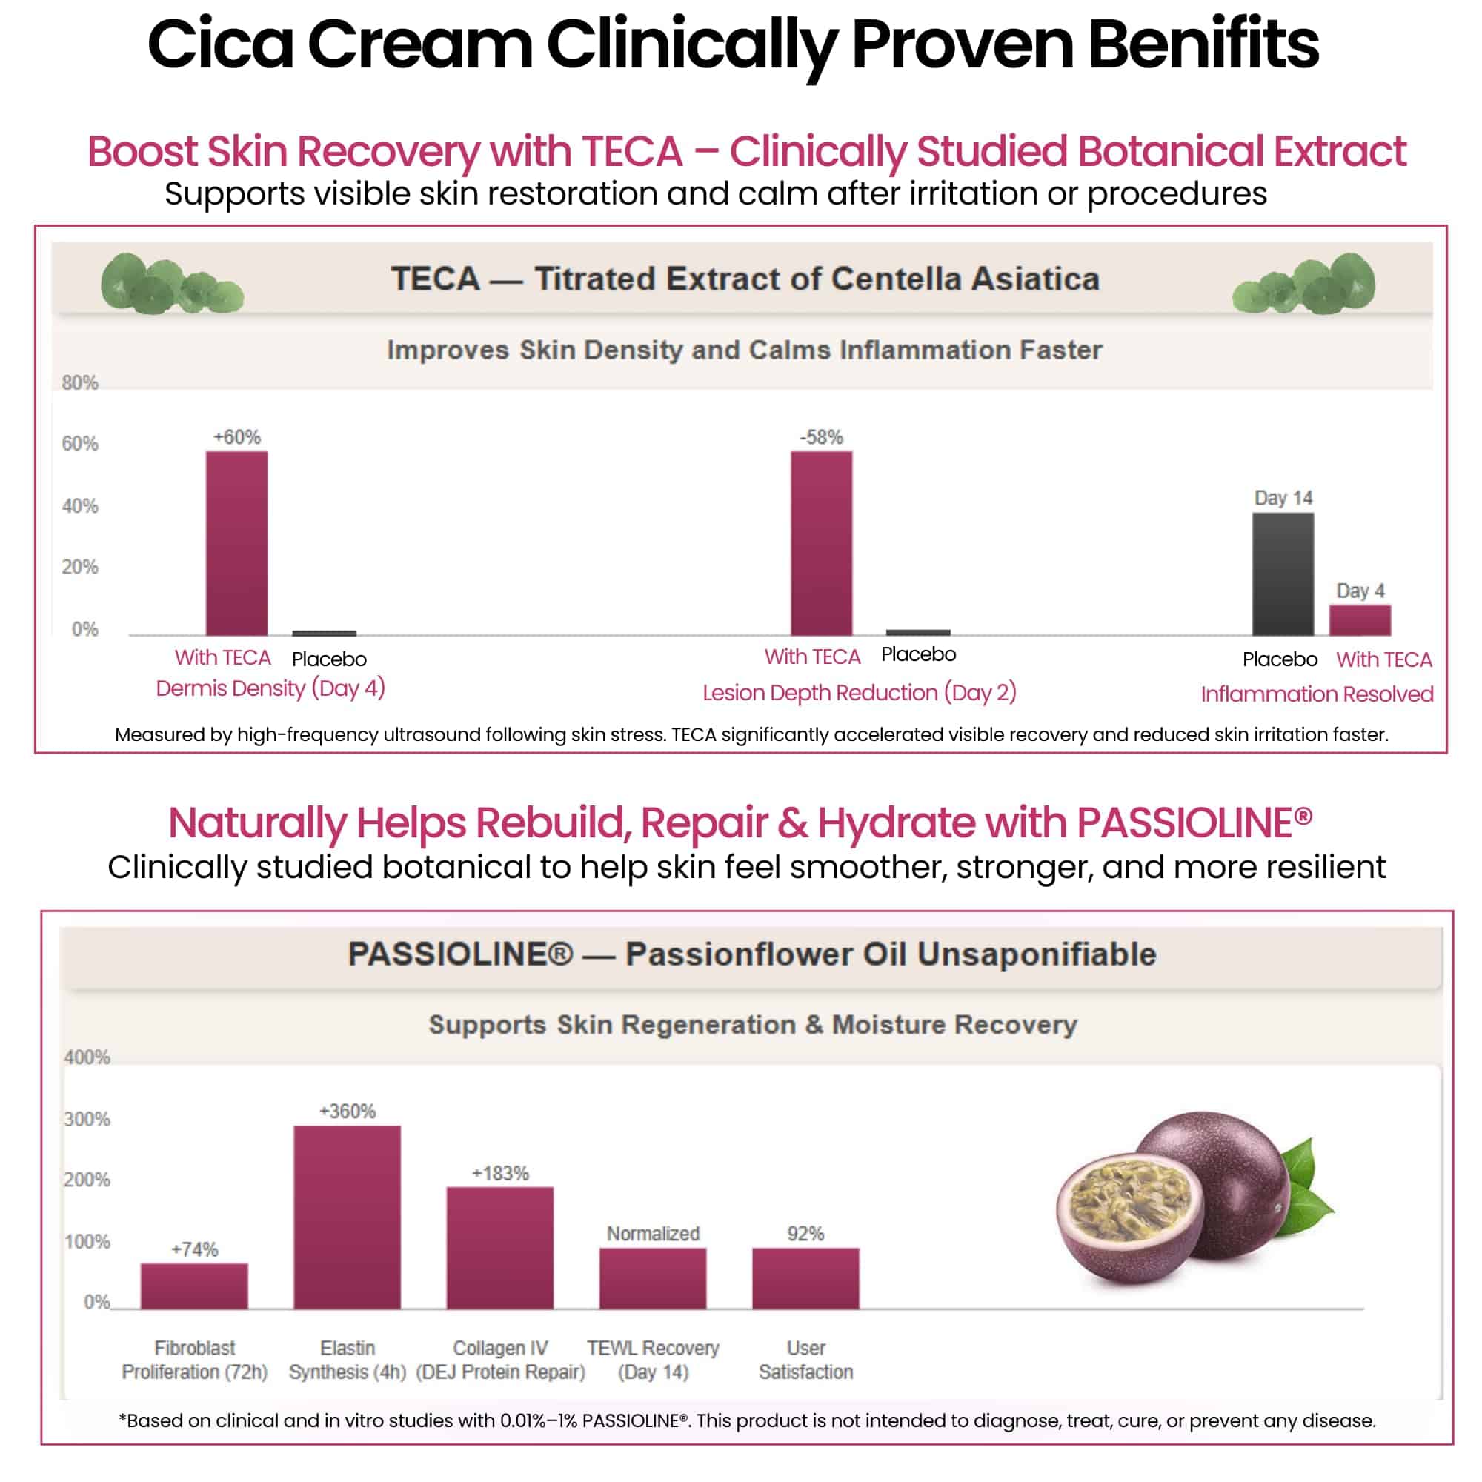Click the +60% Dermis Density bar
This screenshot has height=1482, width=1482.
236,543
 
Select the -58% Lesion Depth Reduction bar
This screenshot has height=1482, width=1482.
821,543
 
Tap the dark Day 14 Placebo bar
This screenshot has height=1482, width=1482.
1283,574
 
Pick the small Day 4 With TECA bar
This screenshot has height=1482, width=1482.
1359,619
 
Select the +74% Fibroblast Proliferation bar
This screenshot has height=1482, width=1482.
194,1286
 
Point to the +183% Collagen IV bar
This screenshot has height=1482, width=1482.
499,1247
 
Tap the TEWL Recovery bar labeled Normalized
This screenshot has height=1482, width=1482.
652,1278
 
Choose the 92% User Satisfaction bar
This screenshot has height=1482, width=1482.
805,1278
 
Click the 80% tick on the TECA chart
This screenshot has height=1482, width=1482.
80,383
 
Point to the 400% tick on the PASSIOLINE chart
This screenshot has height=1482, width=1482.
87,1057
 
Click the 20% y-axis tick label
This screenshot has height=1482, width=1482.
80,567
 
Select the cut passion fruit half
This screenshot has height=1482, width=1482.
1128,1220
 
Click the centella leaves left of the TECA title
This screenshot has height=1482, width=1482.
171,284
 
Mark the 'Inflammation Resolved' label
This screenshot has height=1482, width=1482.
1316,694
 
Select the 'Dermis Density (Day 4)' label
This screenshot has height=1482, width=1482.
270,688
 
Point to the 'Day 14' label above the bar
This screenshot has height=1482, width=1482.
1283,498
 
